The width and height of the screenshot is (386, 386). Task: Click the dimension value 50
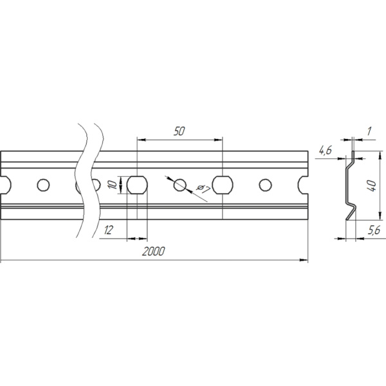(x=179, y=131)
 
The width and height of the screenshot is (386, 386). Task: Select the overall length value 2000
(x=153, y=252)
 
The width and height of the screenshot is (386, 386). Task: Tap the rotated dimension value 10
(x=113, y=185)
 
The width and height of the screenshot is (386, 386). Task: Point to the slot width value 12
(x=109, y=230)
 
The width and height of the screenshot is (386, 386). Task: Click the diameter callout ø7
(x=203, y=189)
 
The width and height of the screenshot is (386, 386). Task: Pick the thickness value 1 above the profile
(x=369, y=131)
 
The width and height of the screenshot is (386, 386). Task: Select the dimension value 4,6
(x=326, y=150)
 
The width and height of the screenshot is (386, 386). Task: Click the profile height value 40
(x=371, y=186)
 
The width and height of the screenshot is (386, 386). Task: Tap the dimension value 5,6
(x=374, y=230)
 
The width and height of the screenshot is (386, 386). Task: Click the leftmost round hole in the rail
(x=43, y=185)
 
